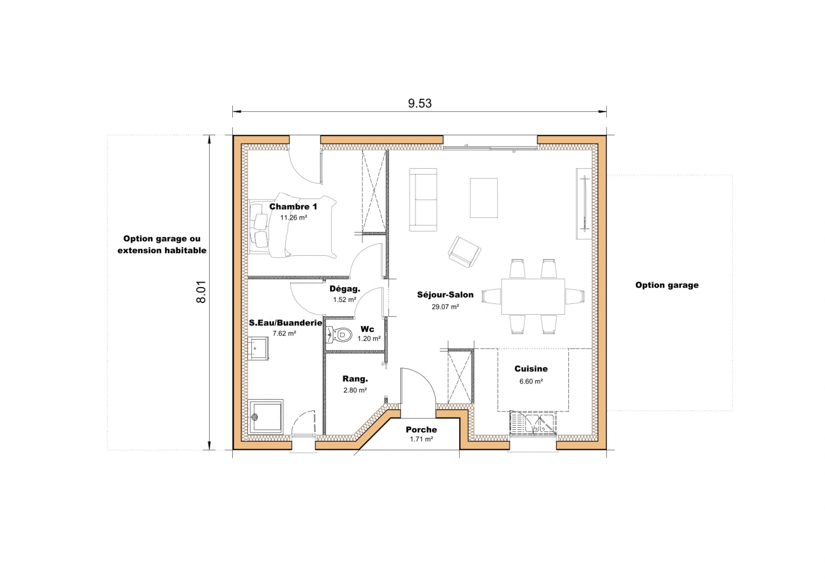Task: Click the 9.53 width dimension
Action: [x=420, y=103]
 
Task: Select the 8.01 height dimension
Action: [x=201, y=292]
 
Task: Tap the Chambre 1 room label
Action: [x=293, y=207]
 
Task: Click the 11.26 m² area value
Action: [x=293, y=218]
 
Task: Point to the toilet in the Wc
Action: [x=339, y=335]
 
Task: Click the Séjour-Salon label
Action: [x=445, y=295]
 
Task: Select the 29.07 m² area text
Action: [x=445, y=307]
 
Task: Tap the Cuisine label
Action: [x=531, y=369]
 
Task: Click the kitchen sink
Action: [x=533, y=423]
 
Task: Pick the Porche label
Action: [x=421, y=429]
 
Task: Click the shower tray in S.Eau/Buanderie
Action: [x=266, y=416]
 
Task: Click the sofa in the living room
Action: [x=423, y=200]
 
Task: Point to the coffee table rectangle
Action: [x=484, y=198]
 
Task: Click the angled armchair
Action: [x=464, y=251]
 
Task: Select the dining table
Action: [x=533, y=296]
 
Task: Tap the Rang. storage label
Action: [x=355, y=379]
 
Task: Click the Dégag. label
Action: [x=345, y=289]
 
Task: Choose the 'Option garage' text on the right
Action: [x=667, y=285]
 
